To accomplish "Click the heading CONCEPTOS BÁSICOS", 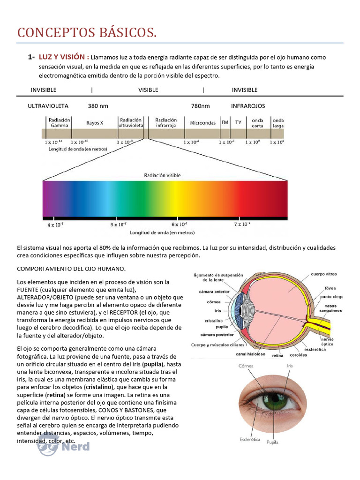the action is [x=87, y=33].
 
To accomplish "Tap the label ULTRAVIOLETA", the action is [x=48, y=106].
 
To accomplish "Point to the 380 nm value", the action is [x=98, y=106].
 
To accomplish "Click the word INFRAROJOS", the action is [x=248, y=106].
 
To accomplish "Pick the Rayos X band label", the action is [x=95, y=123].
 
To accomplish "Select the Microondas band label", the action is [x=203, y=123].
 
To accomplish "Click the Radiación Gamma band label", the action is [x=60, y=123].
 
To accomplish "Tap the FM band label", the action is [x=225, y=122].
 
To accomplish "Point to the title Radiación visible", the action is [x=162, y=175].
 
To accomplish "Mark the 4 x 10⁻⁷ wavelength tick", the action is [x=55, y=225].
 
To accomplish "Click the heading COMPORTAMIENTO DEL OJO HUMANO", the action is [x=71, y=269].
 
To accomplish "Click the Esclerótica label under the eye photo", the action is [x=250, y=439].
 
